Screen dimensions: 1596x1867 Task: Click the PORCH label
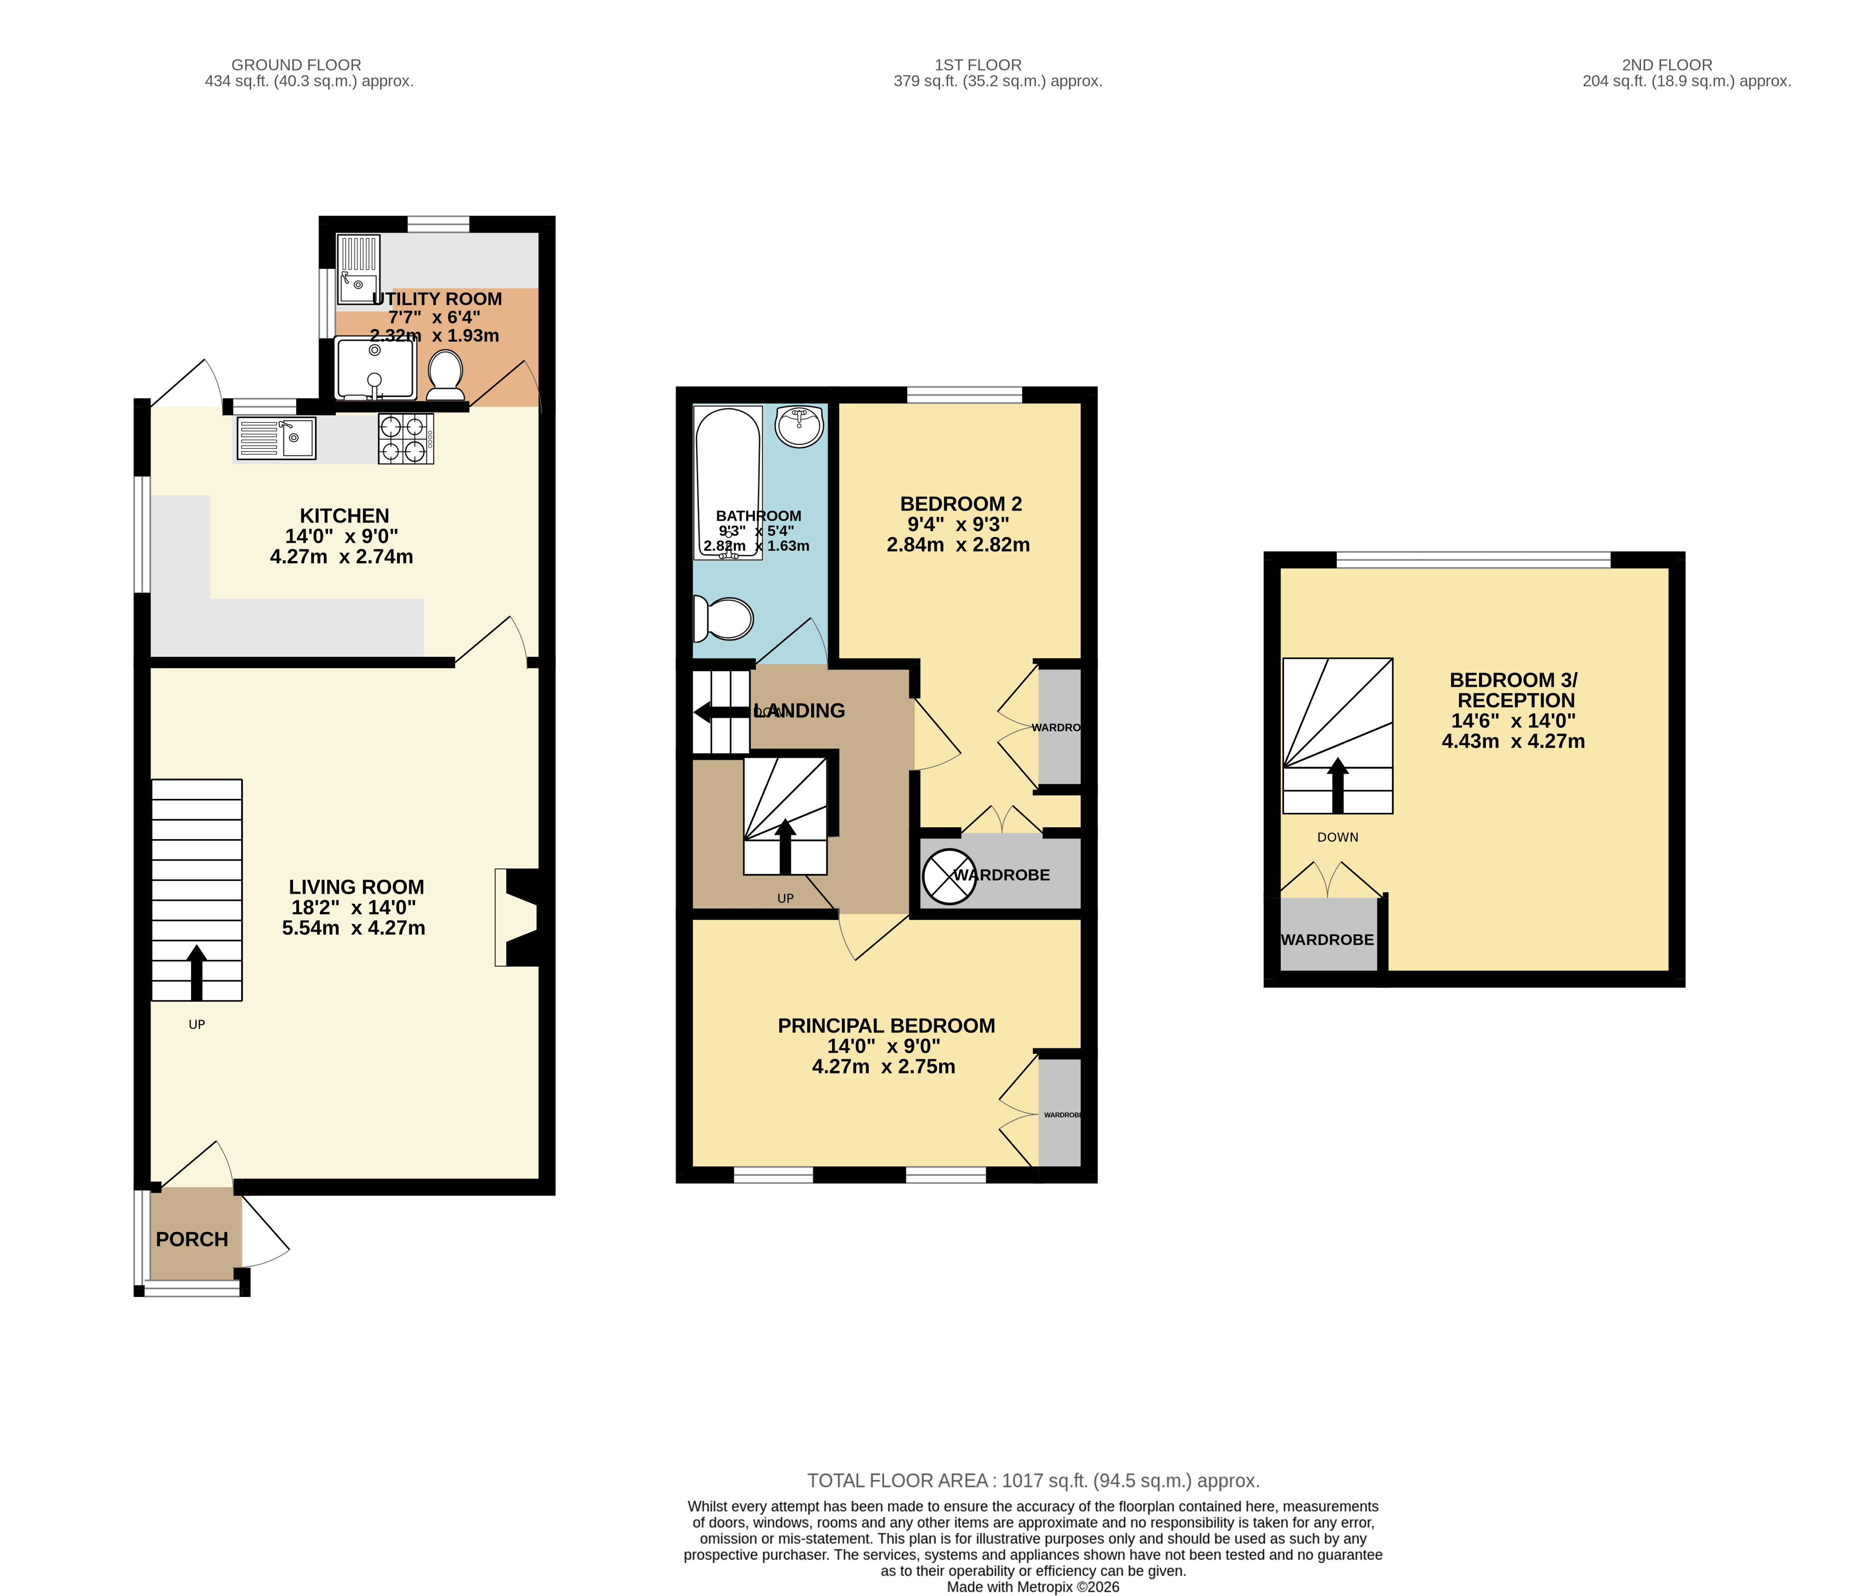point(192,1239)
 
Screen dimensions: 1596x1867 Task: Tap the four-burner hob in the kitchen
point(406,438)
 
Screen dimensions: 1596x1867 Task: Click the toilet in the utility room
point(445,374)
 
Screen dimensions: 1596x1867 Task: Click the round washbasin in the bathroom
point(799,426)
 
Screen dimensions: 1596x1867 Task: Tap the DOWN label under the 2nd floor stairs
point(1337,837)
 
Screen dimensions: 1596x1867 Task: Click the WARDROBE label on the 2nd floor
point(1327,939)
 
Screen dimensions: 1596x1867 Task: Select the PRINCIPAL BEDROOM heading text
point(886,1026)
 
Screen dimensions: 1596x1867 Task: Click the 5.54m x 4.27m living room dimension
point(353,928)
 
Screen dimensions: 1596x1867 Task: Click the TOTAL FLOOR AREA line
point(1033,1329)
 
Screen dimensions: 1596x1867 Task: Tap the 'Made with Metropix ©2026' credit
point(1033,1436)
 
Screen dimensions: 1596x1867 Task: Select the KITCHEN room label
point(344,516)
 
